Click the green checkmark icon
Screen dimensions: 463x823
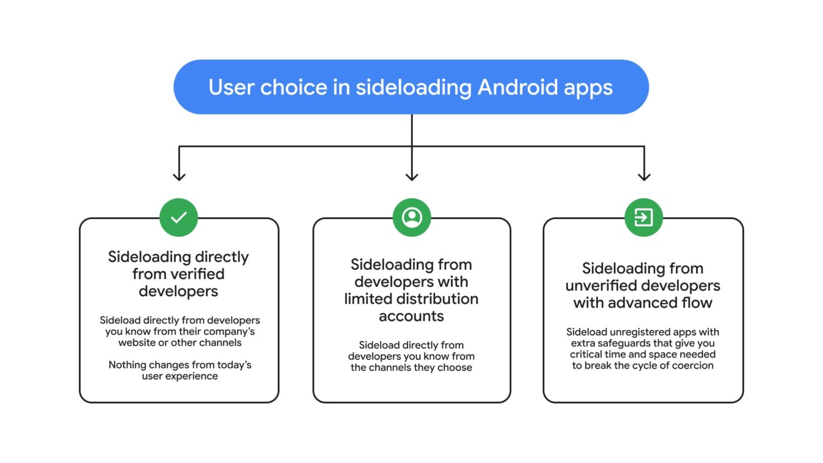coord(179,217)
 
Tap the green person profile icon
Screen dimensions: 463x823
coord(411,217)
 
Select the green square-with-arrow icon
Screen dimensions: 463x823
coord(644,217)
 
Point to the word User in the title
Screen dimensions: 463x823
coord(231,87)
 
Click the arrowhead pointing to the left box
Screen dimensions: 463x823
coord(179,176)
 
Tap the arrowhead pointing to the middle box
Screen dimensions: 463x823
coord(411,176)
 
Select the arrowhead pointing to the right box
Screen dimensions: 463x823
coord(644,176)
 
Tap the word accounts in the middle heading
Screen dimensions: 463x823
coord(411,316)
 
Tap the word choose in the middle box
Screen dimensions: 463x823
coord(455,367)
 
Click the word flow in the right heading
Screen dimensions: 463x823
coord(697,303)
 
